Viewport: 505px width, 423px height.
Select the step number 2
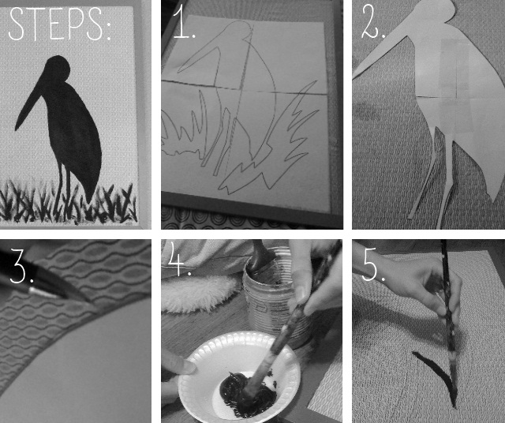pyautogui.click(x=372, y=22)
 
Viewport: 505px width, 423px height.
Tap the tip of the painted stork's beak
pyautogui.click(x=16, y=129)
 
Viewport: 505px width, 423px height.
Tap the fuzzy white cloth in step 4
pyautogui.click(x=197, y=293)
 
